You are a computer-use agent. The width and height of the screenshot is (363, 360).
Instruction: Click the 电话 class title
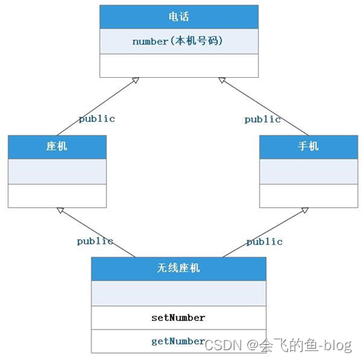[178, 17]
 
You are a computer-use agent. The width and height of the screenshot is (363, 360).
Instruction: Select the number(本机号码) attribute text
[178, 41]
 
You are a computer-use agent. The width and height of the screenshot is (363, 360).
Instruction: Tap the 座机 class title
[57, 146]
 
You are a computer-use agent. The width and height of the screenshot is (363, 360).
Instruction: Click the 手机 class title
[308, 146]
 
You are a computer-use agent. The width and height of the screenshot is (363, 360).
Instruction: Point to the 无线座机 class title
[178, 268]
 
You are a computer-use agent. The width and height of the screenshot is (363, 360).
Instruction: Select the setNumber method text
[178, 318]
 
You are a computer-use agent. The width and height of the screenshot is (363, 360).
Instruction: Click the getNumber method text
[178, 342]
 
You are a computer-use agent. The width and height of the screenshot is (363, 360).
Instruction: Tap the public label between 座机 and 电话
[97, 119]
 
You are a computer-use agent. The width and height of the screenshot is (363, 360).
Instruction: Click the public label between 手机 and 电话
[262, 119]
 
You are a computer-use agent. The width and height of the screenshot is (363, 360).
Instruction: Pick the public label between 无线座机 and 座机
[95, 241]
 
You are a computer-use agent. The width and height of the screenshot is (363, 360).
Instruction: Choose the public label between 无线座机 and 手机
[264, 242]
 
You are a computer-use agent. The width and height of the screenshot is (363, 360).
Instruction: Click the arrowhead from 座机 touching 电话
[135, 80]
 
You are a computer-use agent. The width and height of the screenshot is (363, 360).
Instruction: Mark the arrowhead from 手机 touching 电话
[222, 80]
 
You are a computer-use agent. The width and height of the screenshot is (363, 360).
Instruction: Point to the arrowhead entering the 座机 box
[60, 210]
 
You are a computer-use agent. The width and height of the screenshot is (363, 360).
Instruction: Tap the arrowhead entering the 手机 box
[305, 210]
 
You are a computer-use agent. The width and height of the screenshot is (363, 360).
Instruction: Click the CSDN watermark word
[223, 345]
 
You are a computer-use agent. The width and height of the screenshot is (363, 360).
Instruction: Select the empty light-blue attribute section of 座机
[57, 172]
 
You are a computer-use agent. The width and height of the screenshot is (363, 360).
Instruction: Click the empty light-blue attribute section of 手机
[309, 172]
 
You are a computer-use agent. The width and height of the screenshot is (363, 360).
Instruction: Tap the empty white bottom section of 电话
[179, 66]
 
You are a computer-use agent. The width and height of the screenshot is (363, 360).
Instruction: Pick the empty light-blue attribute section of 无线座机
[178, 293]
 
